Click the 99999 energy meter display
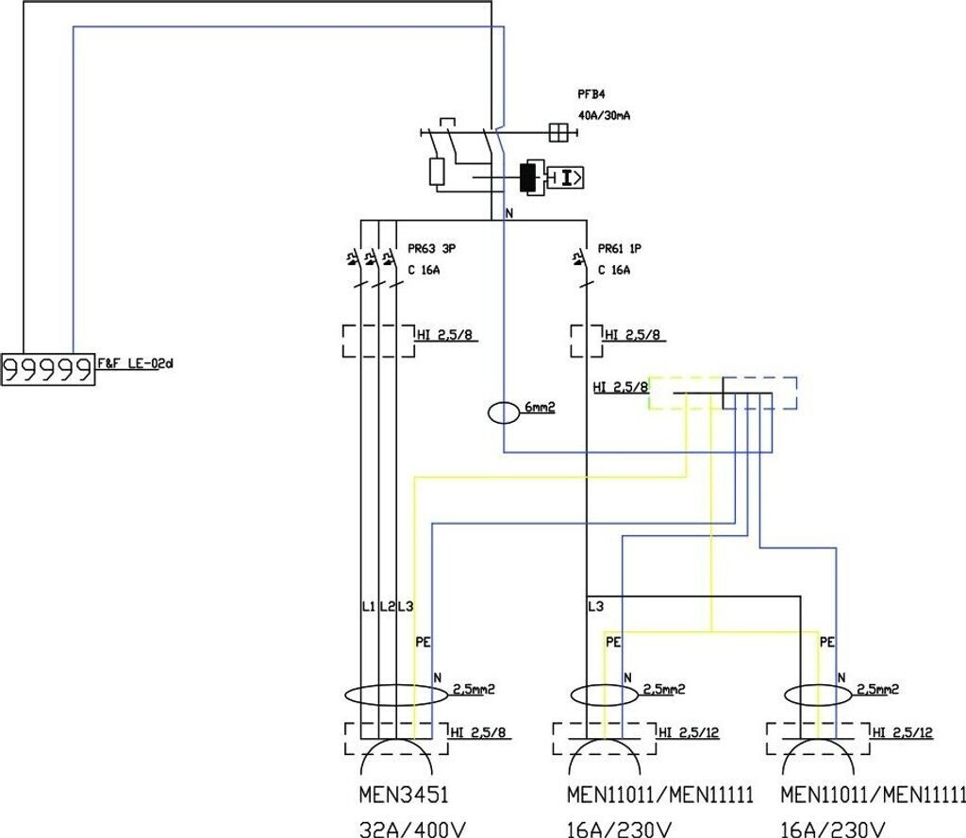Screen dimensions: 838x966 [48, 370]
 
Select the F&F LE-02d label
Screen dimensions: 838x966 [137, 362]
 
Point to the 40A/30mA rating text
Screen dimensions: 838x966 [605, 114]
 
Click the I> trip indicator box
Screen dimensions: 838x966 [567, 176]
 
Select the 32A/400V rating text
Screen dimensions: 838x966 [413, 829]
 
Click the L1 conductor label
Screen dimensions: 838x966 [369, 606]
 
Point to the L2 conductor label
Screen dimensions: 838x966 [387, 606]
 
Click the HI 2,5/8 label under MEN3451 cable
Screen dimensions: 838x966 [480, 732]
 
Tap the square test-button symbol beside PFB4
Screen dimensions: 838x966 [558, 133]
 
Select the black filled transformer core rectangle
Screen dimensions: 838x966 [525, 176]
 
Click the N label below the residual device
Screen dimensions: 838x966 [509, 214]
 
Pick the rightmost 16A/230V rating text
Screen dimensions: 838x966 [833, 829]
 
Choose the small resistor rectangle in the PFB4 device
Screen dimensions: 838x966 [437, 171]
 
